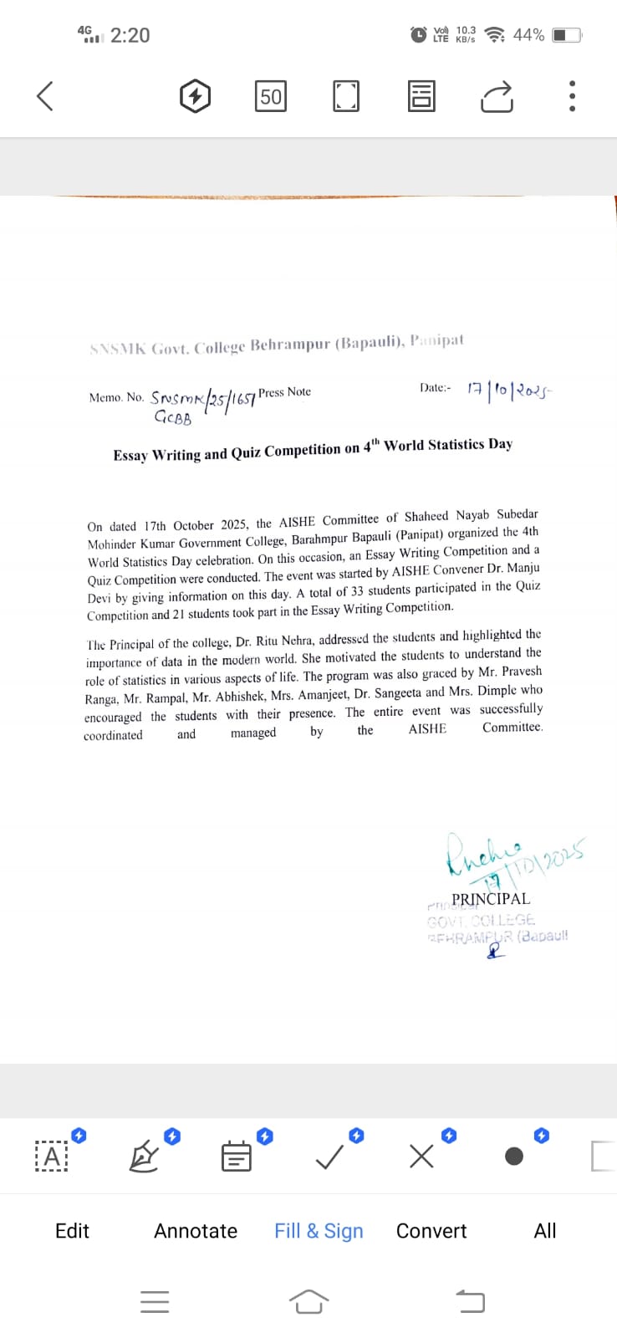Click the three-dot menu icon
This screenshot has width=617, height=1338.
tap(572, 96)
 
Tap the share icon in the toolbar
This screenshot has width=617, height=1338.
tap(497, 97)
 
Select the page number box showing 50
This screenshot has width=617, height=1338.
tap(271, 96)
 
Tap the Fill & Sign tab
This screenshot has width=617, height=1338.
tap(319, 1231)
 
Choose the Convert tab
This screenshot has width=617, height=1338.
tap(431, 1231)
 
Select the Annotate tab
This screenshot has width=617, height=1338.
tap(196, 1231)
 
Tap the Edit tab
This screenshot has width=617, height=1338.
tap(72, 1231)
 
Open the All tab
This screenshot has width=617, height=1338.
tap(545, 1231)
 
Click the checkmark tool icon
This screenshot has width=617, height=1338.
tap(329, 1157)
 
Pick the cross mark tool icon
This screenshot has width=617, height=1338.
tap(422, 1157)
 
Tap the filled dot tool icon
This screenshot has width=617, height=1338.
tap(514, 1157)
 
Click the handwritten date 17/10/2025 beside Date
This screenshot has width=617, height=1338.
tap(509, 389)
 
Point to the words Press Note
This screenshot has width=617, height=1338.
tap(284, 392)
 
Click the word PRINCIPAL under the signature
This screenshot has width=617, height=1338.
tap(490, 899)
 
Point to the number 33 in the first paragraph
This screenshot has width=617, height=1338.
tap(357, 591)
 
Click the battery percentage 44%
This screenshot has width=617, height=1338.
tap(528, 35)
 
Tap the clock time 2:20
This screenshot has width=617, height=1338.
tap(130, 35)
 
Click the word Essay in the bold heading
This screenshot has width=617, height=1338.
tap(132, 455)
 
